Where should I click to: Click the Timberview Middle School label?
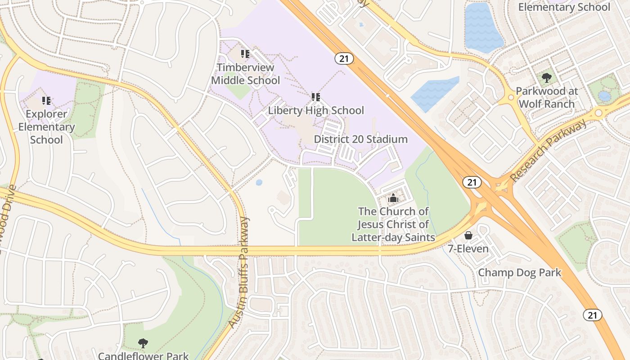(x=245, y=74)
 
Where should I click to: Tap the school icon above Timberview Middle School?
(x=245, y=54)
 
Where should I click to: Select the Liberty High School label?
(x=316, y=110)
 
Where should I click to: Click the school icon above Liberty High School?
(x=316, y=97)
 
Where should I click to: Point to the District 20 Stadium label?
(x=360, y=139)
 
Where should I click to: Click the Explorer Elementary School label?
(x=46, y=127)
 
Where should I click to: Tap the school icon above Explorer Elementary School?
(x=46, y=100)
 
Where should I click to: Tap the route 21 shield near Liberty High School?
(x=344, y=58)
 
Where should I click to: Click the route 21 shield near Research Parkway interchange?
(x=472, y=182)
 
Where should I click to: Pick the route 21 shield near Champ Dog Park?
(x=593, y=315)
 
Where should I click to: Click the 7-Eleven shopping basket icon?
(x=468, y=235)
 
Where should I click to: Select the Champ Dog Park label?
(x=519, y=272)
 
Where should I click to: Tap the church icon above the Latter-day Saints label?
(x=393, y=198)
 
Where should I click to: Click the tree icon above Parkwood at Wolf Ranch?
(x=547, y=78)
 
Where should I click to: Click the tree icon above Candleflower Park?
(x=143, y=343)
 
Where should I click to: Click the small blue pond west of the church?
(x=259, y=182)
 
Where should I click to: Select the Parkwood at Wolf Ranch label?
(x=547, y=97)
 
